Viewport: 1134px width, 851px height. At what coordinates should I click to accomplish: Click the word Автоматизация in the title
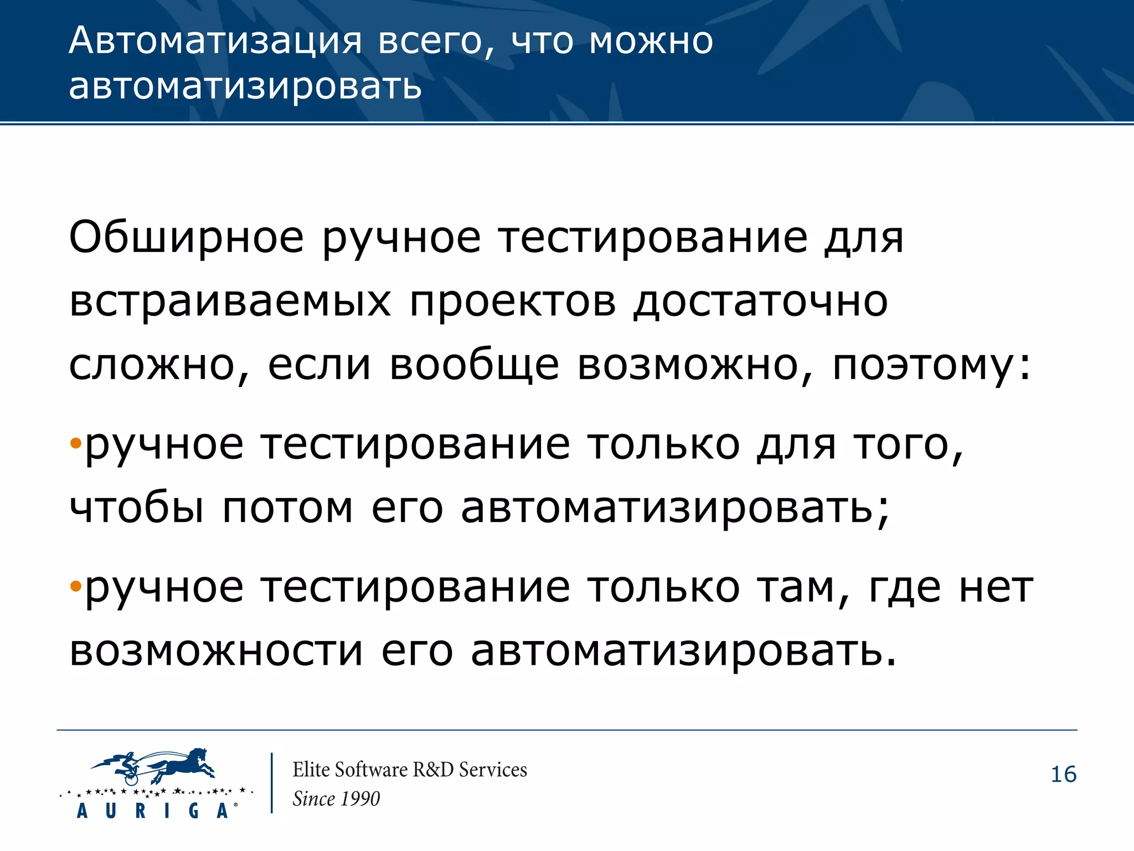215,42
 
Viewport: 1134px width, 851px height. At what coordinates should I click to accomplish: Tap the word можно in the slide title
651,42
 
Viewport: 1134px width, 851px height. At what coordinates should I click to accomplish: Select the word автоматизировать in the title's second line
245,87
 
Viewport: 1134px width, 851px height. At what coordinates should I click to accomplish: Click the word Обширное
187,238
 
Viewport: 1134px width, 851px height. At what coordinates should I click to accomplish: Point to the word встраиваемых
230,302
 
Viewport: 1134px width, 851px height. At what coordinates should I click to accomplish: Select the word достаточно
761,302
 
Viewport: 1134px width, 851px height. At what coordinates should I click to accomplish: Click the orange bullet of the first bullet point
76,443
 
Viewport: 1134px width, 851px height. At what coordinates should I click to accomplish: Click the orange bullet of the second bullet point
76,586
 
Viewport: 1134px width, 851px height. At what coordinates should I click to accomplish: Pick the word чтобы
136,507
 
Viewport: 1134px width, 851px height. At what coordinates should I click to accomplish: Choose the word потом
287,507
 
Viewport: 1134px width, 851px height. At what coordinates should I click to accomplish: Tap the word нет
996,587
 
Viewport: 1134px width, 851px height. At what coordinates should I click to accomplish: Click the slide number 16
1063,775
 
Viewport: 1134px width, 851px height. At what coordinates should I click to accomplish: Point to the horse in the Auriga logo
183,764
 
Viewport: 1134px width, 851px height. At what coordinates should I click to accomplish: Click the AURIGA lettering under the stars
152,811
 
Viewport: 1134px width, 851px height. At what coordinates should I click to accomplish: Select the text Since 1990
336,799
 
